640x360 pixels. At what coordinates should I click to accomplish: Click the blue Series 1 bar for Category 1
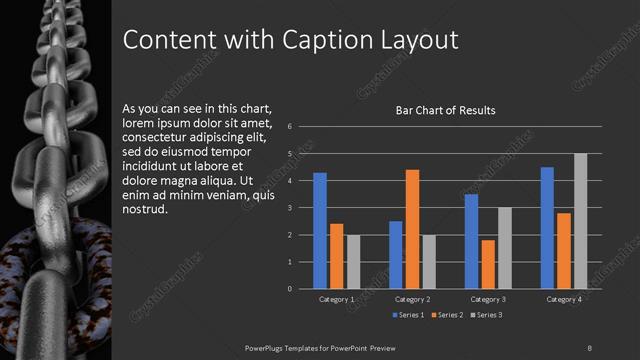[320, 231]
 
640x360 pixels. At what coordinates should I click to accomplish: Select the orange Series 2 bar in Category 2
[412, 229]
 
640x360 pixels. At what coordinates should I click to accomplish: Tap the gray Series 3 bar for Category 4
[580, 221]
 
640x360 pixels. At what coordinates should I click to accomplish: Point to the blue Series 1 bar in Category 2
[396, 255]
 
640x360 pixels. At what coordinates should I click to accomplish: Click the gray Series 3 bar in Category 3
[504, 248]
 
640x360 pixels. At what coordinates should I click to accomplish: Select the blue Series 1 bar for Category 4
[547, 228]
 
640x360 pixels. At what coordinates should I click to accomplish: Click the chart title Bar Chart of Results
[446, 111]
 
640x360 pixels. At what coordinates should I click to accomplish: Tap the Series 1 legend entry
[404, 315]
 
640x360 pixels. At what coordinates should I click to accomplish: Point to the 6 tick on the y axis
[289, 127]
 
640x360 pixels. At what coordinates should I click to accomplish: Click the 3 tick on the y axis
[289, 208]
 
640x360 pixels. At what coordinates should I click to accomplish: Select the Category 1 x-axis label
[336, 299]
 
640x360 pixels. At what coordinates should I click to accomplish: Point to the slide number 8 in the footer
[589, 347]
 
